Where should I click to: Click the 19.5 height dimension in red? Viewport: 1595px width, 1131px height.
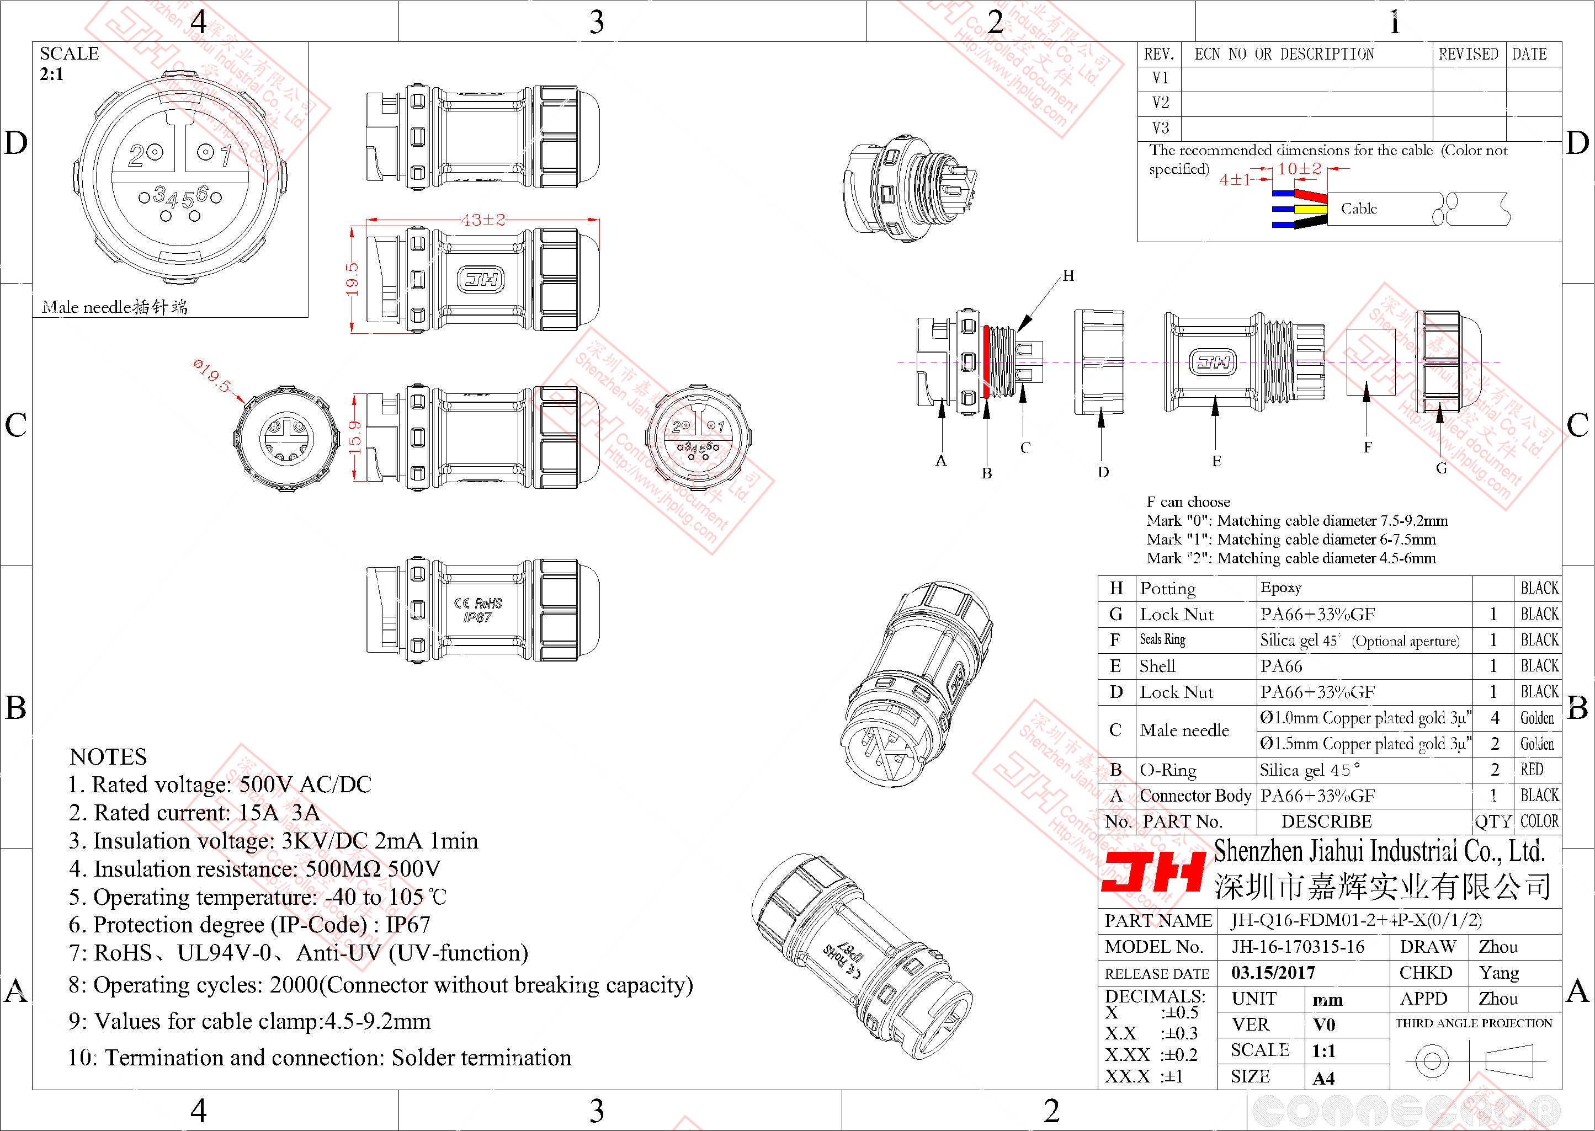(x=353, y=278)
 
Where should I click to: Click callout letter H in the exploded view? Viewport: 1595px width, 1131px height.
(x=1068, y=276)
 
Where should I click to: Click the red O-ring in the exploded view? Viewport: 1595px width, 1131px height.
(x=987, y=361)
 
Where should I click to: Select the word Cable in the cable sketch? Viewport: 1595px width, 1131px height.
(x=1358, y=208)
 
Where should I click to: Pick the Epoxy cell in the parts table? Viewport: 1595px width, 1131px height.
(x=1280, y=588)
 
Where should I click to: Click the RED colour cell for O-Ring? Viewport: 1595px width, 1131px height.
(x=1532, y=770)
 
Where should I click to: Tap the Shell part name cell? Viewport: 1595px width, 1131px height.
(x=1157, y=666)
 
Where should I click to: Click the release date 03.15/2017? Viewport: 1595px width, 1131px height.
(x=1273, y=972)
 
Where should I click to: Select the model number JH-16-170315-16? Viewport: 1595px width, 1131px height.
(x=1298, y=946)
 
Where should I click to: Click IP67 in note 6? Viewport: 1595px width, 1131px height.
(x=407, y=925)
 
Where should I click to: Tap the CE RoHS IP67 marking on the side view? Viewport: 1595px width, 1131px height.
(x=478, y=610)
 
